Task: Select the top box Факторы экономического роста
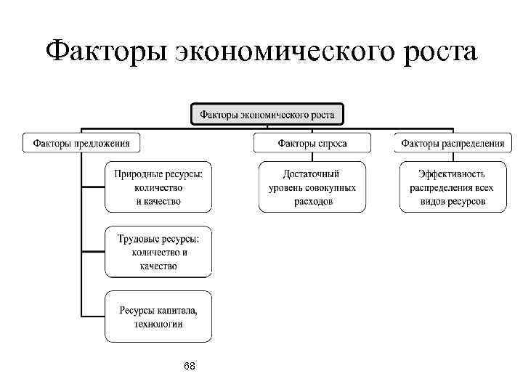click(267, 115)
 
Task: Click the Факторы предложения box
click(81, 143)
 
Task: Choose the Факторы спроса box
click(312, 143)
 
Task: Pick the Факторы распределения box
click(453, 143)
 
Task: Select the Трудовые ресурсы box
click(158, 252)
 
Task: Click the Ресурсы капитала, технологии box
click(158, 317)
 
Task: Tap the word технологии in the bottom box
click(158, 324)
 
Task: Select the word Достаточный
click(312, 174)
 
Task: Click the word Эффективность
click(453, 174)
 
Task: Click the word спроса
click(332, 143)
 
